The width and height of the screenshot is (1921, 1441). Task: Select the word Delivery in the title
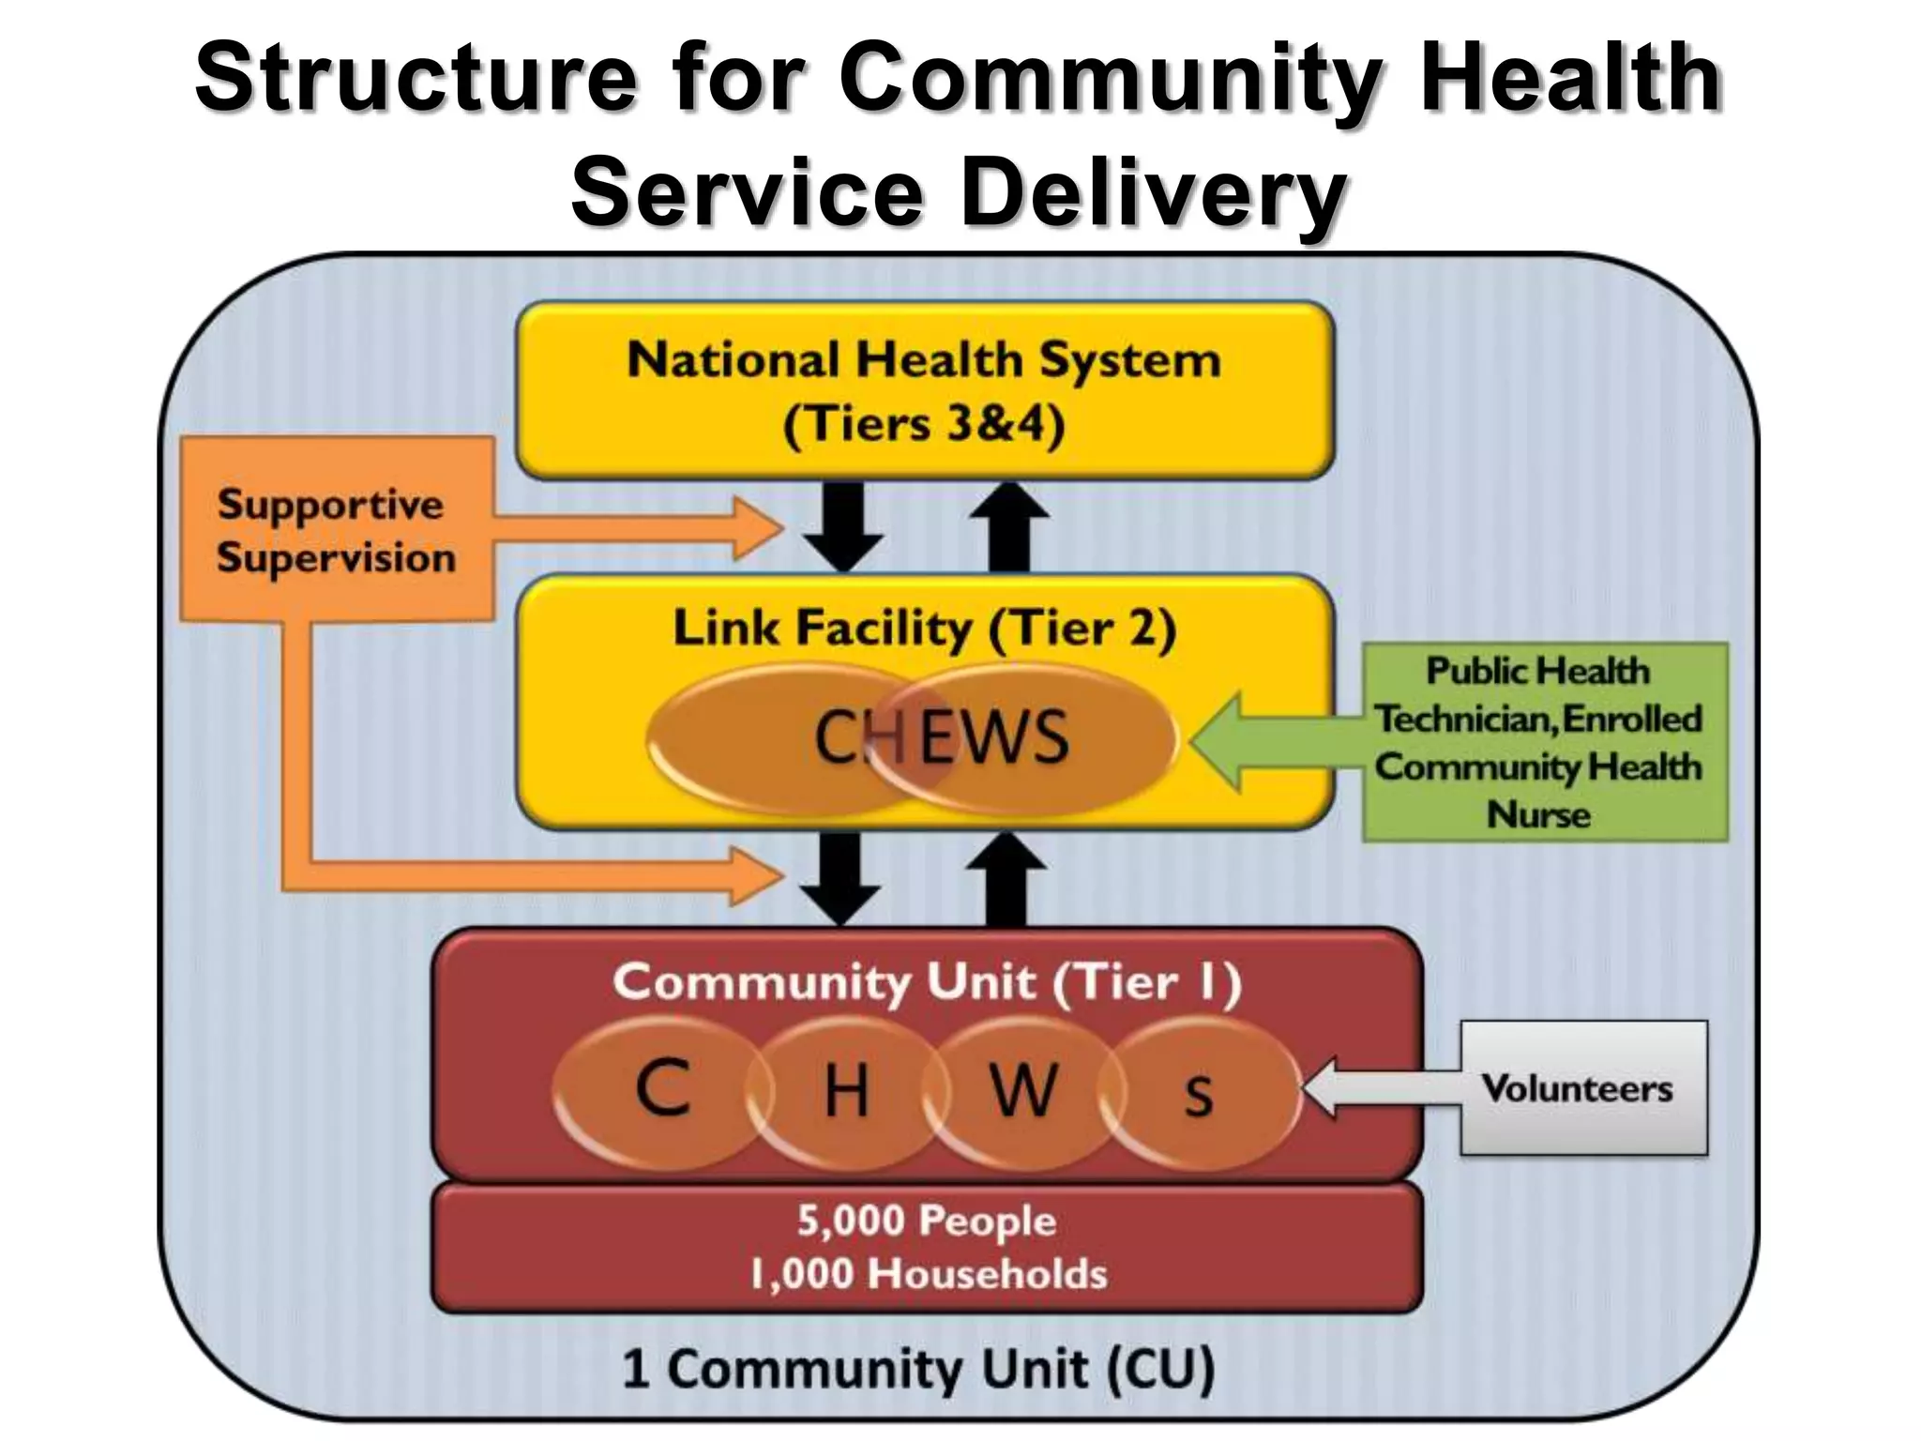click(1155, 193)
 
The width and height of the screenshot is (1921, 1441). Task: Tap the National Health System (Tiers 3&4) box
click(925, 391)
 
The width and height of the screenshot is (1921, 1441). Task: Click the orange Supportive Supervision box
click(337, 530)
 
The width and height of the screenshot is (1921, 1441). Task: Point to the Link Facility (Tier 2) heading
click(925, 629)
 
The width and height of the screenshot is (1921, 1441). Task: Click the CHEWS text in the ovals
click(941, 737)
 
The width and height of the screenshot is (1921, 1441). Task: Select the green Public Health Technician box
click(1544, 742)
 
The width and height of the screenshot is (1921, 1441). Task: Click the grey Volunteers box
click(1583, 1088)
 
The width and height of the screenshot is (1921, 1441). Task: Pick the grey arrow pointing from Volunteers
click(1379, 1088)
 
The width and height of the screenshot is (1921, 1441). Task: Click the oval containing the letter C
click(662, 1091)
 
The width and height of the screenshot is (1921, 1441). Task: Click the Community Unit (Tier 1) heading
click(927, 982)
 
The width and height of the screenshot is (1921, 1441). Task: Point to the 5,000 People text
click(927, 1221)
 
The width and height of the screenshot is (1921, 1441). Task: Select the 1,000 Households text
click(929, 1274)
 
